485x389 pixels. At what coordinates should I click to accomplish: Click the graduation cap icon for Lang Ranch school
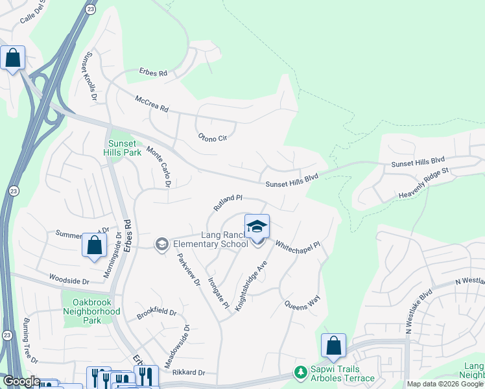click(257, 226)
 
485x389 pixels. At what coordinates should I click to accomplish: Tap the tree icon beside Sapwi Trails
click(300, 372)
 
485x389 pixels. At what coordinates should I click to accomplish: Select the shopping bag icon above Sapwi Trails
click(333, 346)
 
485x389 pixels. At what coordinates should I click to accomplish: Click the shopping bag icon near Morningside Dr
click(94, 246)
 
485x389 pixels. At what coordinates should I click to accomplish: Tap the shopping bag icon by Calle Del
click(12, 58)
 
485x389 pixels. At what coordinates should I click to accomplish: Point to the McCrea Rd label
click(151, 104)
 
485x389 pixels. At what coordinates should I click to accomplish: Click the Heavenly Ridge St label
click(423, 183)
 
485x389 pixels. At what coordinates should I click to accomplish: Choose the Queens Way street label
click(302, 301)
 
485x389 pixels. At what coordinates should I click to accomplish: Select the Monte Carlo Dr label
click(158, 166)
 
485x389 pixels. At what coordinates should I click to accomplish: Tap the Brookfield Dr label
click(156, 314)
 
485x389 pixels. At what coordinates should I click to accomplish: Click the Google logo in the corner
click(21, 381)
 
